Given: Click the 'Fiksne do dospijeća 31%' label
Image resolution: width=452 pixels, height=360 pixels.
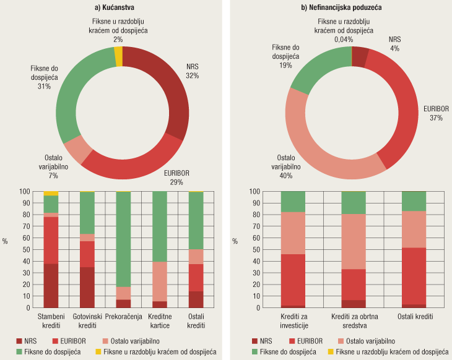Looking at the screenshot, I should point(44,77).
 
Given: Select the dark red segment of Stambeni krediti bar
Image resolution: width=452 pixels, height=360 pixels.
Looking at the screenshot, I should point(51,285).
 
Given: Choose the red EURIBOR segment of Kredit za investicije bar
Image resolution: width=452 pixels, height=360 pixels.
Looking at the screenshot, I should point(293,280).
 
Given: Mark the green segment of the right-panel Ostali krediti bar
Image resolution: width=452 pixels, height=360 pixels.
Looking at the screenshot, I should point(414,201).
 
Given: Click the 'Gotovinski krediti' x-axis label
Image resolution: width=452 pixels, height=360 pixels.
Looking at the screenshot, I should point(87,321).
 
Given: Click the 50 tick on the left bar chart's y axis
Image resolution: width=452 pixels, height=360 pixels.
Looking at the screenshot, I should point(25,249).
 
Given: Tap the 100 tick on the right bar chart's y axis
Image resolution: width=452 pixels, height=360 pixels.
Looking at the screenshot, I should point(253,192).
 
